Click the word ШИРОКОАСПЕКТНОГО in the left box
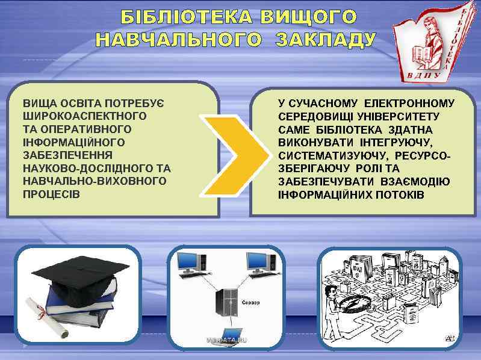coord(84,116)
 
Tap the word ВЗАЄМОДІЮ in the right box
coord(416,182)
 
